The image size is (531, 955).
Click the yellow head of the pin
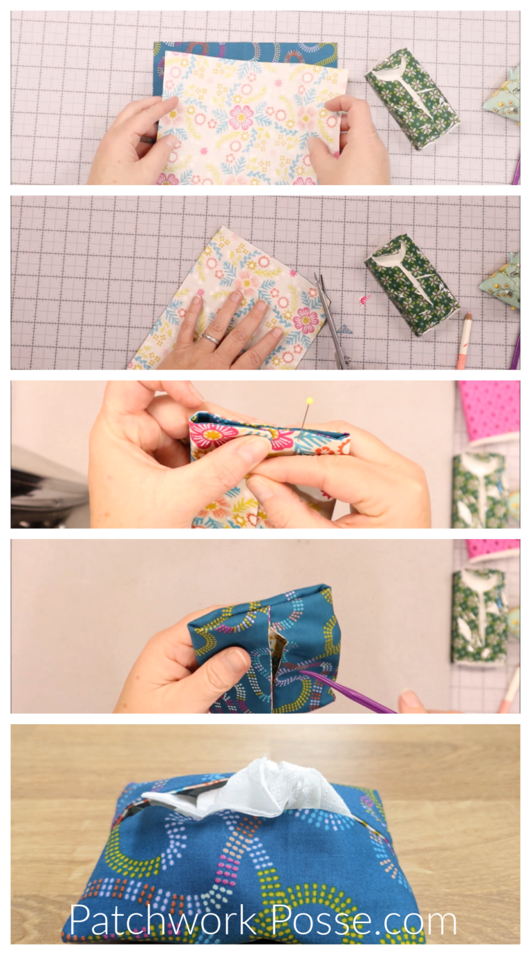309,401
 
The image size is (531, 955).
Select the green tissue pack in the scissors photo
412,283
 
